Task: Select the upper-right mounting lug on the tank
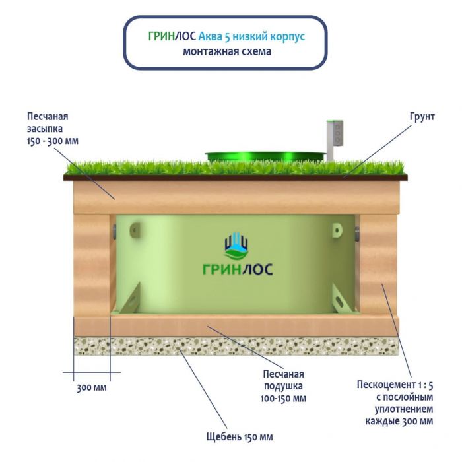[337, 231]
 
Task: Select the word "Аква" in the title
[211, 36]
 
